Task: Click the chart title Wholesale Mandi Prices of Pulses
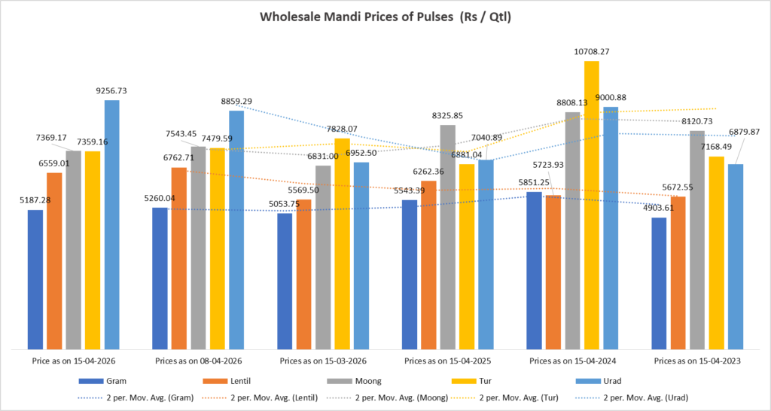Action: coord(385,16)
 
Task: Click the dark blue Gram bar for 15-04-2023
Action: coord(659,283)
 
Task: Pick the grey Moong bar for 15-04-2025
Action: coord(448,236)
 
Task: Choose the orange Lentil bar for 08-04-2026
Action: coord(179,257)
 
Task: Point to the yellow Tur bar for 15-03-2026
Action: coord(343,243)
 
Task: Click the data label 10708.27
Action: coord(591,52)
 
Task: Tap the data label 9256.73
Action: coord(111,91)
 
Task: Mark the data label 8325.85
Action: coord(447,116)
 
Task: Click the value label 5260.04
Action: coord(160,199)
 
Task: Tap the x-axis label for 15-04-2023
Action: coord(698,362)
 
